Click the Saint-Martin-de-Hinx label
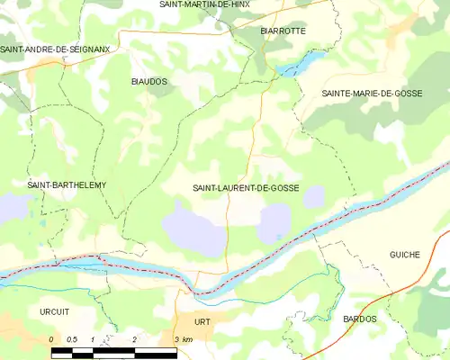tap(203, 4)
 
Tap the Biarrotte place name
tap(283, 31)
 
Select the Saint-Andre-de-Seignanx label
tap(54, 49)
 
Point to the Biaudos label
tap(149, 81)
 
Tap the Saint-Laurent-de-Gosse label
tap(246, 189)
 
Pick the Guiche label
tap(405, 255)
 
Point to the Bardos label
tap(360, 319)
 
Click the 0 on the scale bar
tap(51, 338)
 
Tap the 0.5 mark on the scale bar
tap(72, 338)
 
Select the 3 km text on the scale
tap(183, 338)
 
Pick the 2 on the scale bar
tap(134, 338)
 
